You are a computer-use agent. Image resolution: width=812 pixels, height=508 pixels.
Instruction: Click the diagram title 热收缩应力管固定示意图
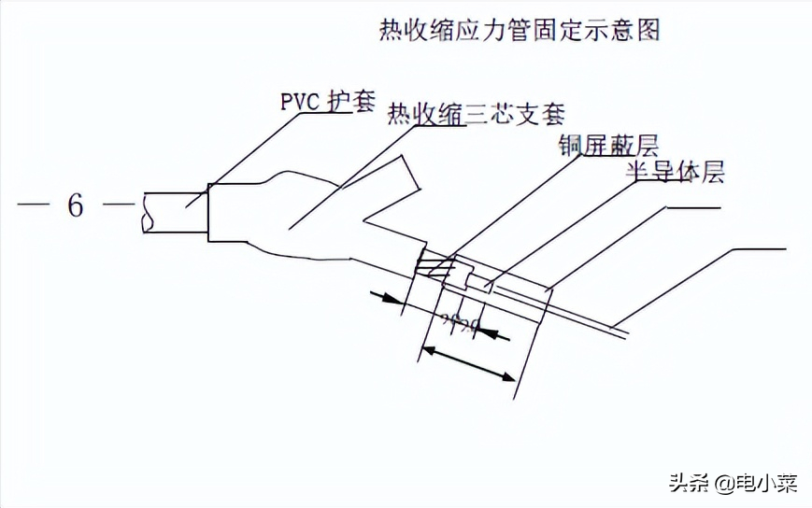coord(519,31)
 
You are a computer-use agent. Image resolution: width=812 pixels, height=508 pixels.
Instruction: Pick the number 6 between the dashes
coord(76,205)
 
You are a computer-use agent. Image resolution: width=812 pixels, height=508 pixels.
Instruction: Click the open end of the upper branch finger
coord(407,174)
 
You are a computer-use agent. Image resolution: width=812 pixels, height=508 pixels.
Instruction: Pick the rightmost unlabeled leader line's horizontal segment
coord(761,249)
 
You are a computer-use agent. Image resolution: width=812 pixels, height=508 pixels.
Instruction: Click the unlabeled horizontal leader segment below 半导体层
coord(691,207)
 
